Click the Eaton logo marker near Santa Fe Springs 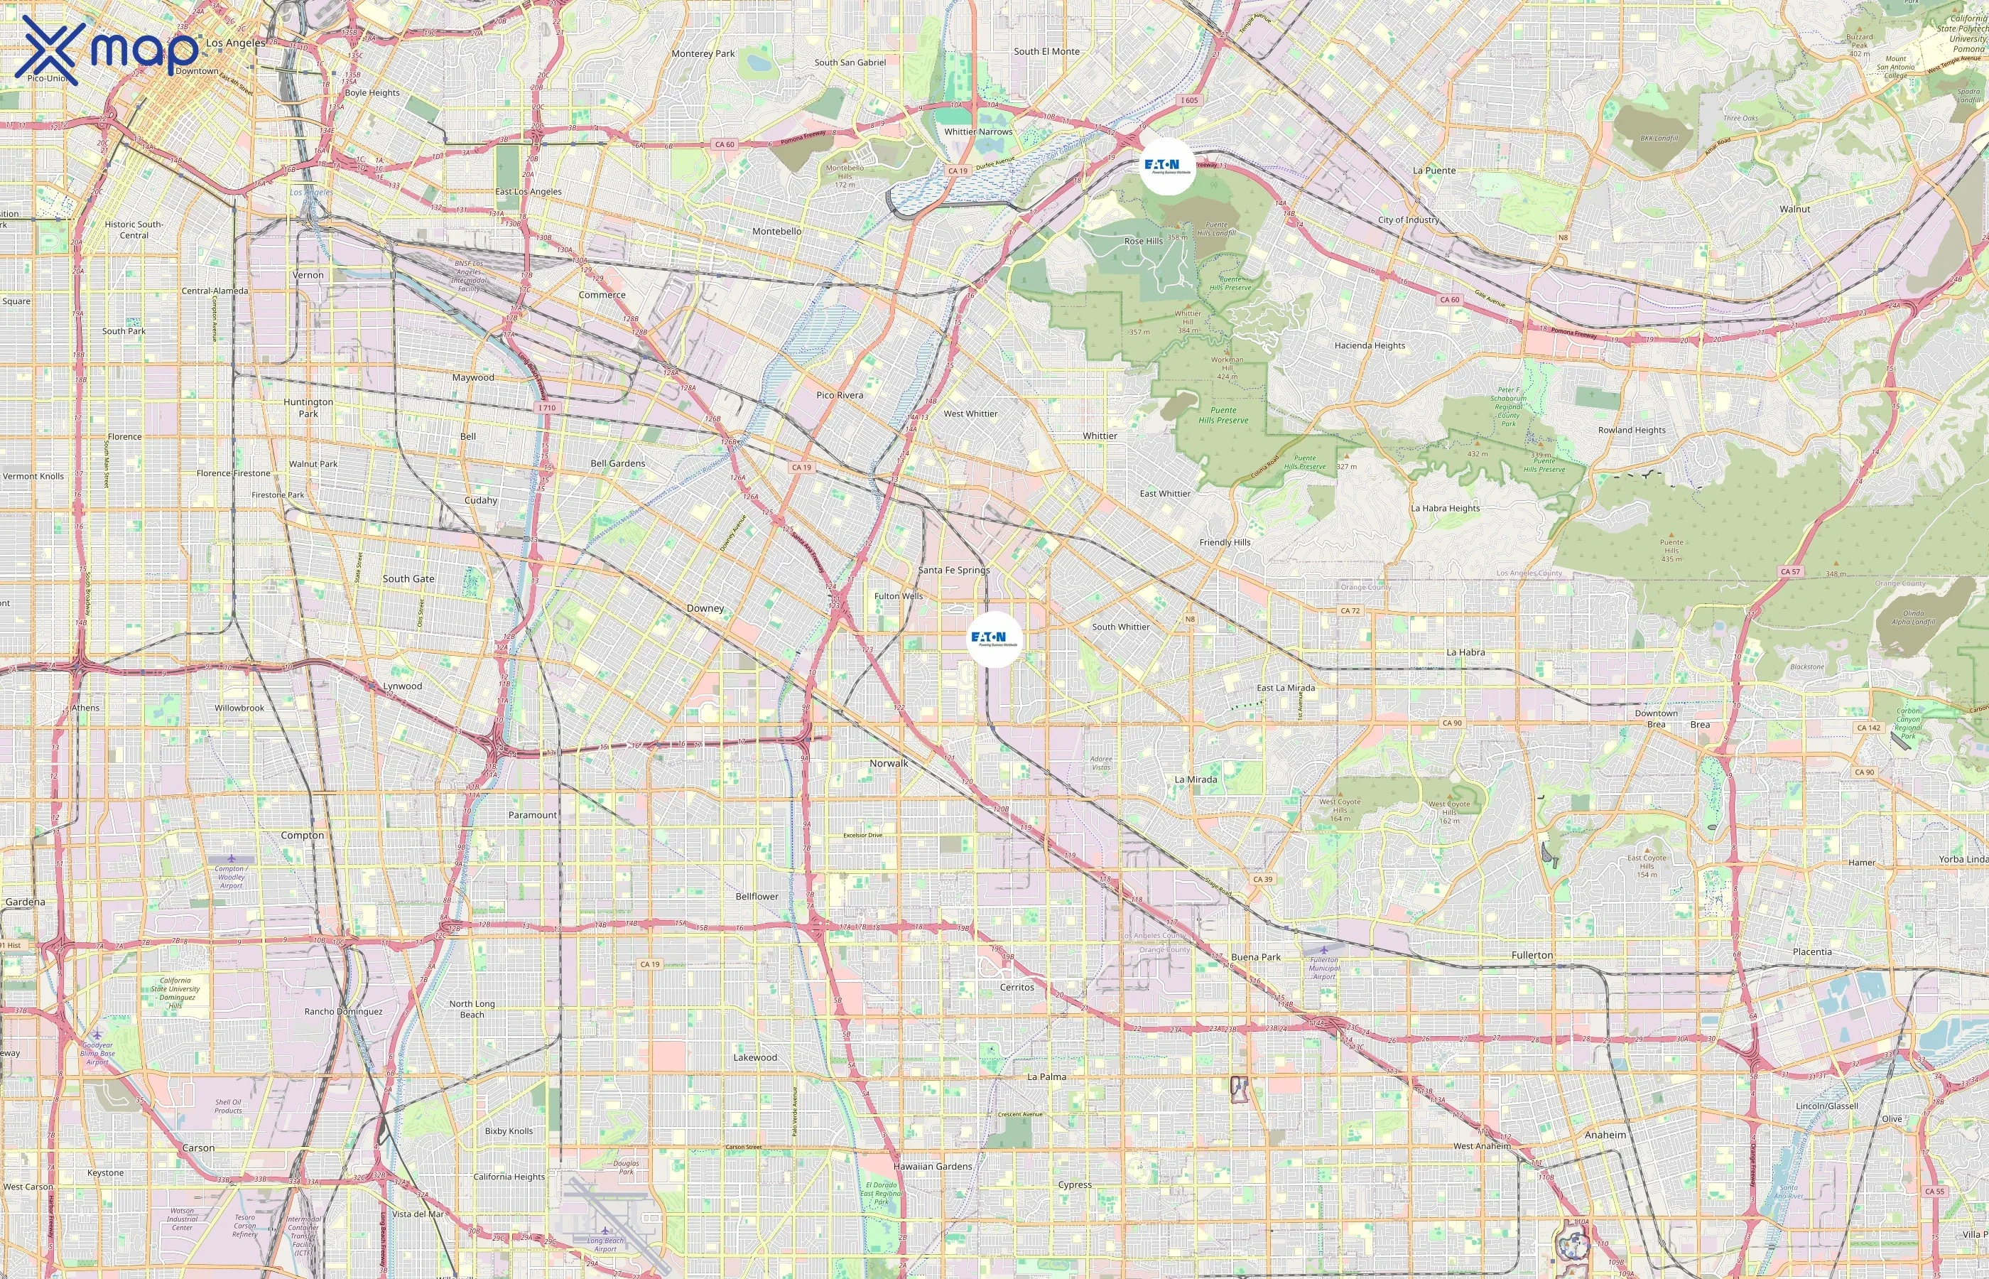(x=994, y=639)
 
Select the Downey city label (x=705, y=608)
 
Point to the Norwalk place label (x=888, y=763)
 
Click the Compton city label (x=302, y=836)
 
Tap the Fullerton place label (x=1532, y=955)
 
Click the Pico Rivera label (x=839, y=395)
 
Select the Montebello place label (x=776, y=232)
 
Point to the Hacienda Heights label (x=1370, y=345)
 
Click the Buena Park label (x=1255, y=956)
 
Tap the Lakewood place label (x=754, y=1057)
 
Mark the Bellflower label (x=757, y=896)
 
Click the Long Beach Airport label (x=605, y=1244)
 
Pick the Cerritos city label (x=1017, y=988)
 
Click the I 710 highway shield (x=546, y=408)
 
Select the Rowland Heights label (x=1631, y=430)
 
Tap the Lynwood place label (x=403, y=686)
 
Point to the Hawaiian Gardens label (x=932, y=1166)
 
